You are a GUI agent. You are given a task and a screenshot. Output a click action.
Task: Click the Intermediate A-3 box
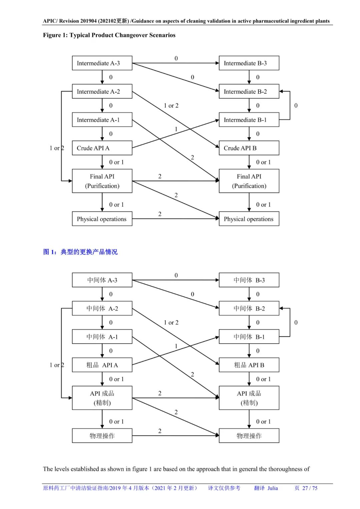point(102,63)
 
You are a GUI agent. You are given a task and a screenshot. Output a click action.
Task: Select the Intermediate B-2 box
point(249,91)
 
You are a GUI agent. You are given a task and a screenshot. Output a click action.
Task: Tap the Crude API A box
point(102,148)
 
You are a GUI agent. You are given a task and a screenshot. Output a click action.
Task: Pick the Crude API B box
point(249,148)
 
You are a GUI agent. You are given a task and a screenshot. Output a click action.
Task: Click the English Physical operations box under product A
point(102,219)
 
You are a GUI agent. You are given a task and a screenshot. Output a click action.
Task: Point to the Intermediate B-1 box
point(249,120)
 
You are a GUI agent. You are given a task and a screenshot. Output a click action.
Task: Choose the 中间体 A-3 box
point(102,280)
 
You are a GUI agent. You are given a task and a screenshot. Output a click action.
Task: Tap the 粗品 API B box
point(249,365)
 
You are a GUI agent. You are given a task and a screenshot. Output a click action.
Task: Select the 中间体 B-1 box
point(249,337)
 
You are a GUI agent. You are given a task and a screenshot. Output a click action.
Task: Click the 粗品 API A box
point(102,365)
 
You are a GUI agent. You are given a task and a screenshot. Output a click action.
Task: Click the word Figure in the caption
point(52,35)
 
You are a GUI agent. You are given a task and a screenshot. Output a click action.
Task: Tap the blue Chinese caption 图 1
point(50,252)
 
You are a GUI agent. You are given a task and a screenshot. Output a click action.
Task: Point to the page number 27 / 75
point(310,488)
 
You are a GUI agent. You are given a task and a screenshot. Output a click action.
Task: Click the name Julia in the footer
point(272,488)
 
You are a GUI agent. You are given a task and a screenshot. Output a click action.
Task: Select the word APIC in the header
point(50,21)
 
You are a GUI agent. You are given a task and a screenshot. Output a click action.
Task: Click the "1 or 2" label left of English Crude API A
point(57,148)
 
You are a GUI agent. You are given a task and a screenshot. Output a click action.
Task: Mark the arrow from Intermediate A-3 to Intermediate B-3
point(175,63)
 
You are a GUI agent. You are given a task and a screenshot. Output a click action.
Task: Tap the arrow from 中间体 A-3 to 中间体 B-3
point(175,280)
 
